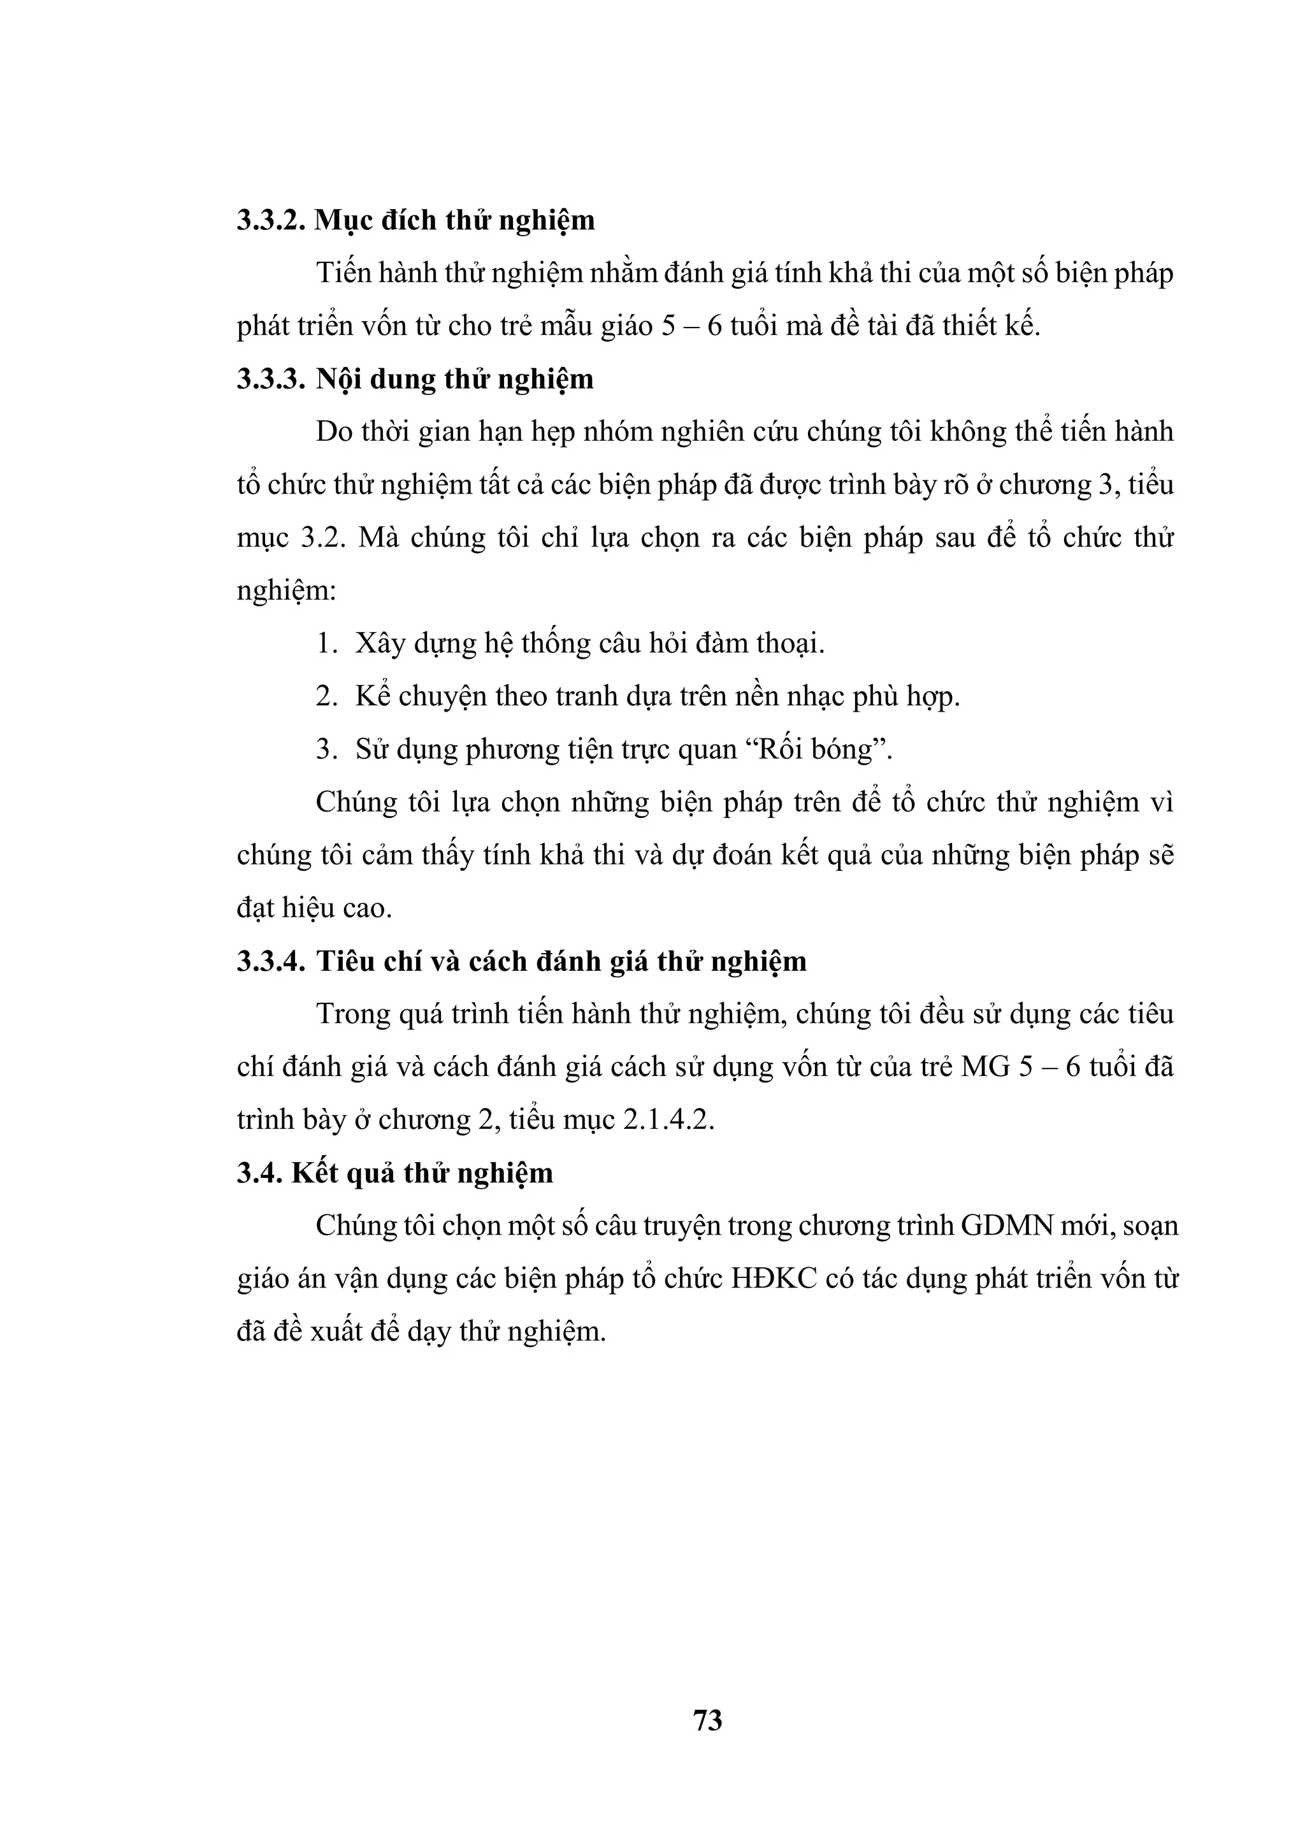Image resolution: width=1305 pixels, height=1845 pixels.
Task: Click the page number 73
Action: pos(707,1720)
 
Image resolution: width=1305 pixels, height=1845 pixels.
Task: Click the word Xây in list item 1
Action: pos(375,645)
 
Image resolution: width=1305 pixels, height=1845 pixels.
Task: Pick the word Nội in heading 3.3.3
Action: pos(338,379)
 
